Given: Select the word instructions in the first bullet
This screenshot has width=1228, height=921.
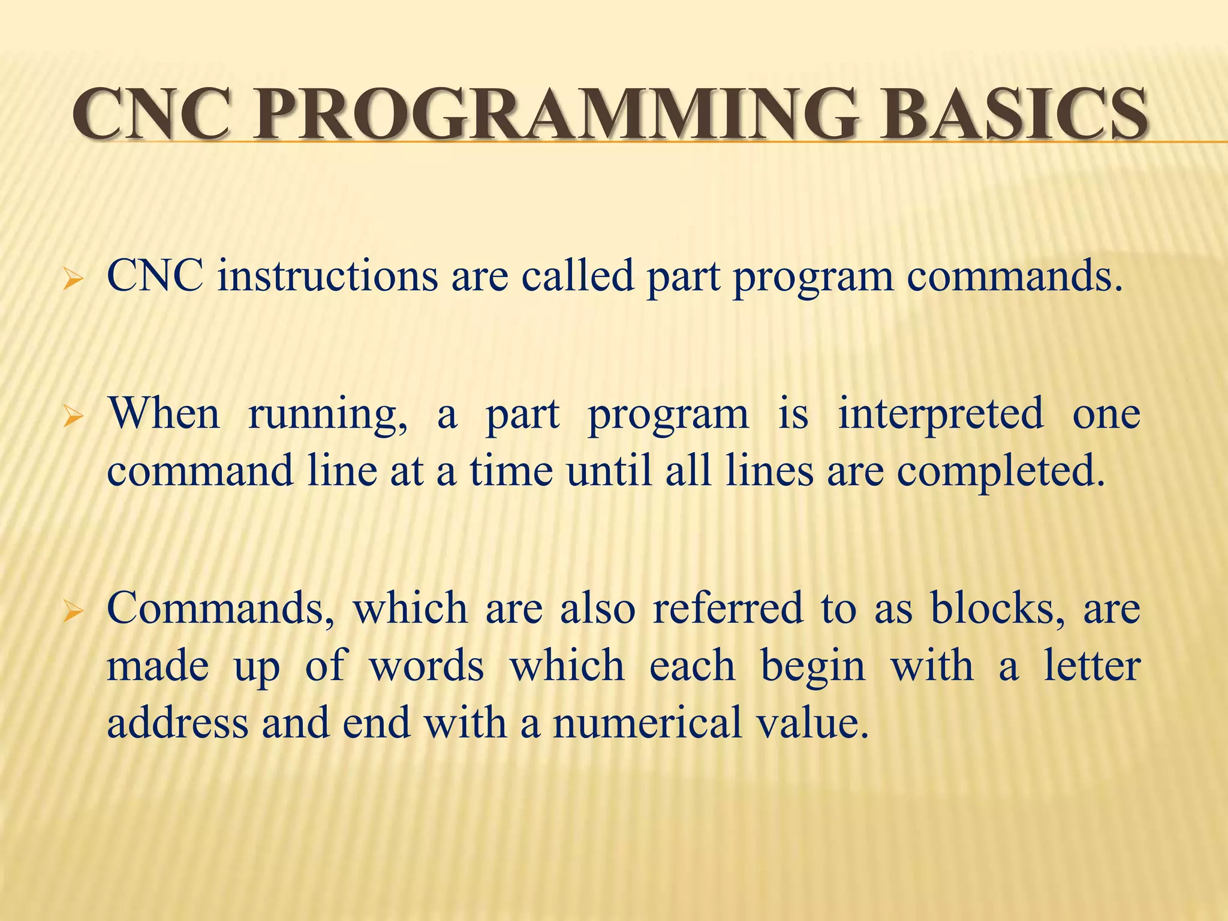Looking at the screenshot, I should [x=327, y=277].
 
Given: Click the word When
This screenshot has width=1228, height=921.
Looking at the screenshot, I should [x=164, y=414].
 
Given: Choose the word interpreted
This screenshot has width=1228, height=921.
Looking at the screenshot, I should [x=940, y=415].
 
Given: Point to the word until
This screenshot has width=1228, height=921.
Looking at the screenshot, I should [x=609, y=471].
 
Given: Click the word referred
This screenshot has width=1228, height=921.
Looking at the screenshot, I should [x=727, y=608].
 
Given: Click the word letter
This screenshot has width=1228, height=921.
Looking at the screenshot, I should [x=1091, y=666].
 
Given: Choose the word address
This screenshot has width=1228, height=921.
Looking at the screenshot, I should [x=177, y=723].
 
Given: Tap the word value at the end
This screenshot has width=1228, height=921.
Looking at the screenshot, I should [x=812, y=723].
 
